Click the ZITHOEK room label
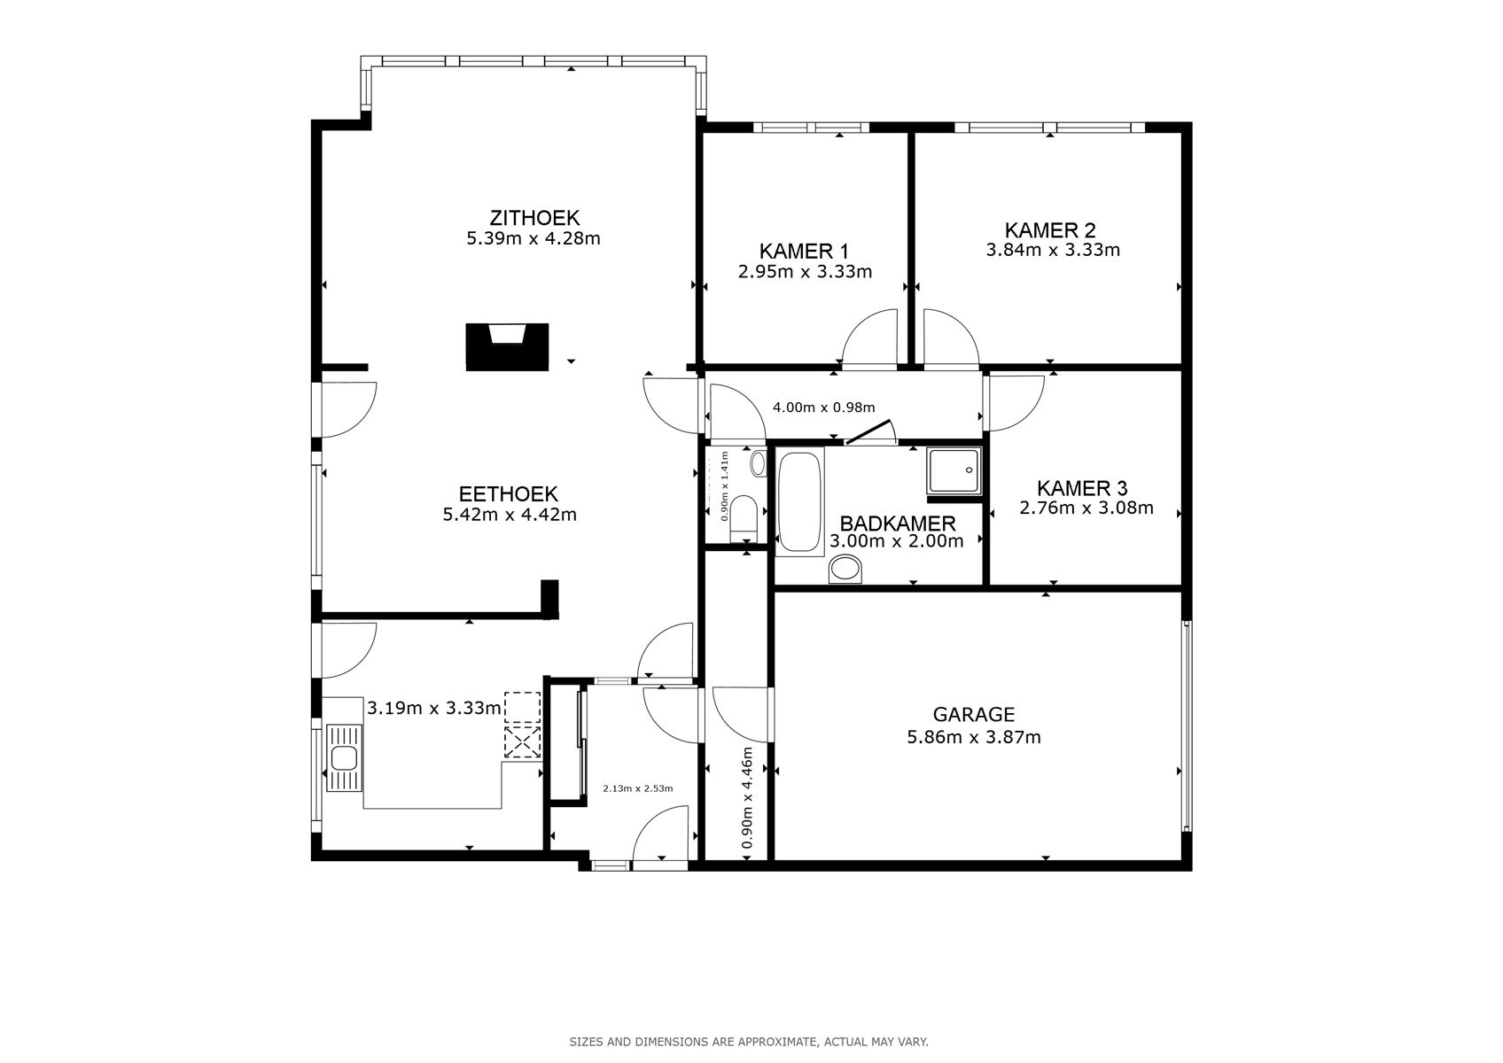pos(534,217)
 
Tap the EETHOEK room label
pos(508,494)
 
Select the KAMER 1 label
pos(804,251)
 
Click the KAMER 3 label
pos(1082,488)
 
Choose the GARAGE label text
pos(973,714)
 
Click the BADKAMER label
pos(897,523)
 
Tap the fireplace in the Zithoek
pos(507,346)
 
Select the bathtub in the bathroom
pos(800,503)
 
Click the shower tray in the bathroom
pos(954,470)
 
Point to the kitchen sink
pos(344,757)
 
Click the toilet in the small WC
pos(744,518)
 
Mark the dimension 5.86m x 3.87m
pos(973,737)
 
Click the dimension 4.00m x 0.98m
pos(823,407)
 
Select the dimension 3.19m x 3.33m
pos(434,708)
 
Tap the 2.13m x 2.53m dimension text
pos(637,788)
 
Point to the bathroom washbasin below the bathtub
pos(845,569)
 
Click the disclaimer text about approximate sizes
pos(749,1042)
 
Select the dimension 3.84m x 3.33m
pos(1052,251)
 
